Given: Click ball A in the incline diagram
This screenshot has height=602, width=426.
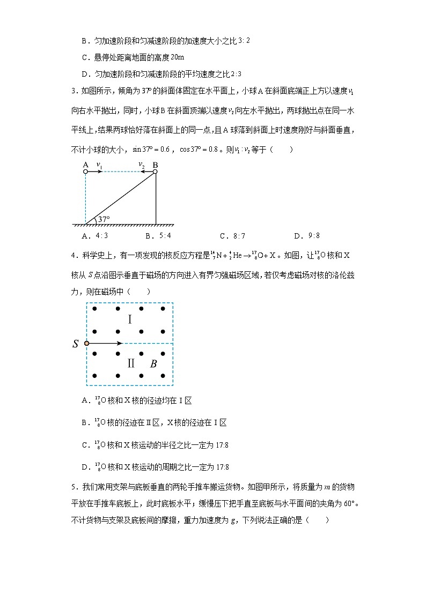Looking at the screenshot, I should click(86, 172).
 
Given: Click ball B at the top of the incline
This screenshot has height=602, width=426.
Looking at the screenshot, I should click(155, 172).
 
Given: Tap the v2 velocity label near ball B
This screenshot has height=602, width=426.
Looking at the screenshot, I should click(142, 165).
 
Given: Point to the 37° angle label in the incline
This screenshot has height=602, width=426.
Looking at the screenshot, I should click(104, 219).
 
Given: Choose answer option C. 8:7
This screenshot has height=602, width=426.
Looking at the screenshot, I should click(232, 235).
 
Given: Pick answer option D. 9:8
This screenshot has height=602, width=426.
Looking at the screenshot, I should click(307, 235).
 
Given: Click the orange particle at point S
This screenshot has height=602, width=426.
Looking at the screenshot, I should click(86, 343).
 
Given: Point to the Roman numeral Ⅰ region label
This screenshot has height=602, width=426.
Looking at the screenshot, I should click(129, 319).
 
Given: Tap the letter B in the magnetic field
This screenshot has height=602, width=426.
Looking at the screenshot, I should click(153, 364).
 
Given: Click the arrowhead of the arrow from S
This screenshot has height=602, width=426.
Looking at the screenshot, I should click(121, 343).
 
